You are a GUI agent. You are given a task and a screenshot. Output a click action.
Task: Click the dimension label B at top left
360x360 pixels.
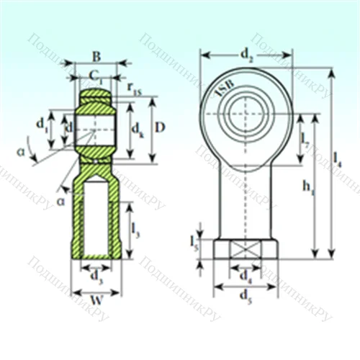pos(96,56)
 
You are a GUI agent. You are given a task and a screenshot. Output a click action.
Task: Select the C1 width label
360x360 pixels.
pos(95,75)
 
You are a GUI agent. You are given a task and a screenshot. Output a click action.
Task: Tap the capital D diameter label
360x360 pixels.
pos(161,127)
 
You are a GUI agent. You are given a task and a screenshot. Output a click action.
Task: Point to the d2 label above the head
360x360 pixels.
pos(246,53)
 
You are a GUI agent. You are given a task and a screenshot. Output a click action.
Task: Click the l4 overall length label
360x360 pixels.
pos(338,163)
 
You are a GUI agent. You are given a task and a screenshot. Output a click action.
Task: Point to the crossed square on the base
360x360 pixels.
pos(245,250)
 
